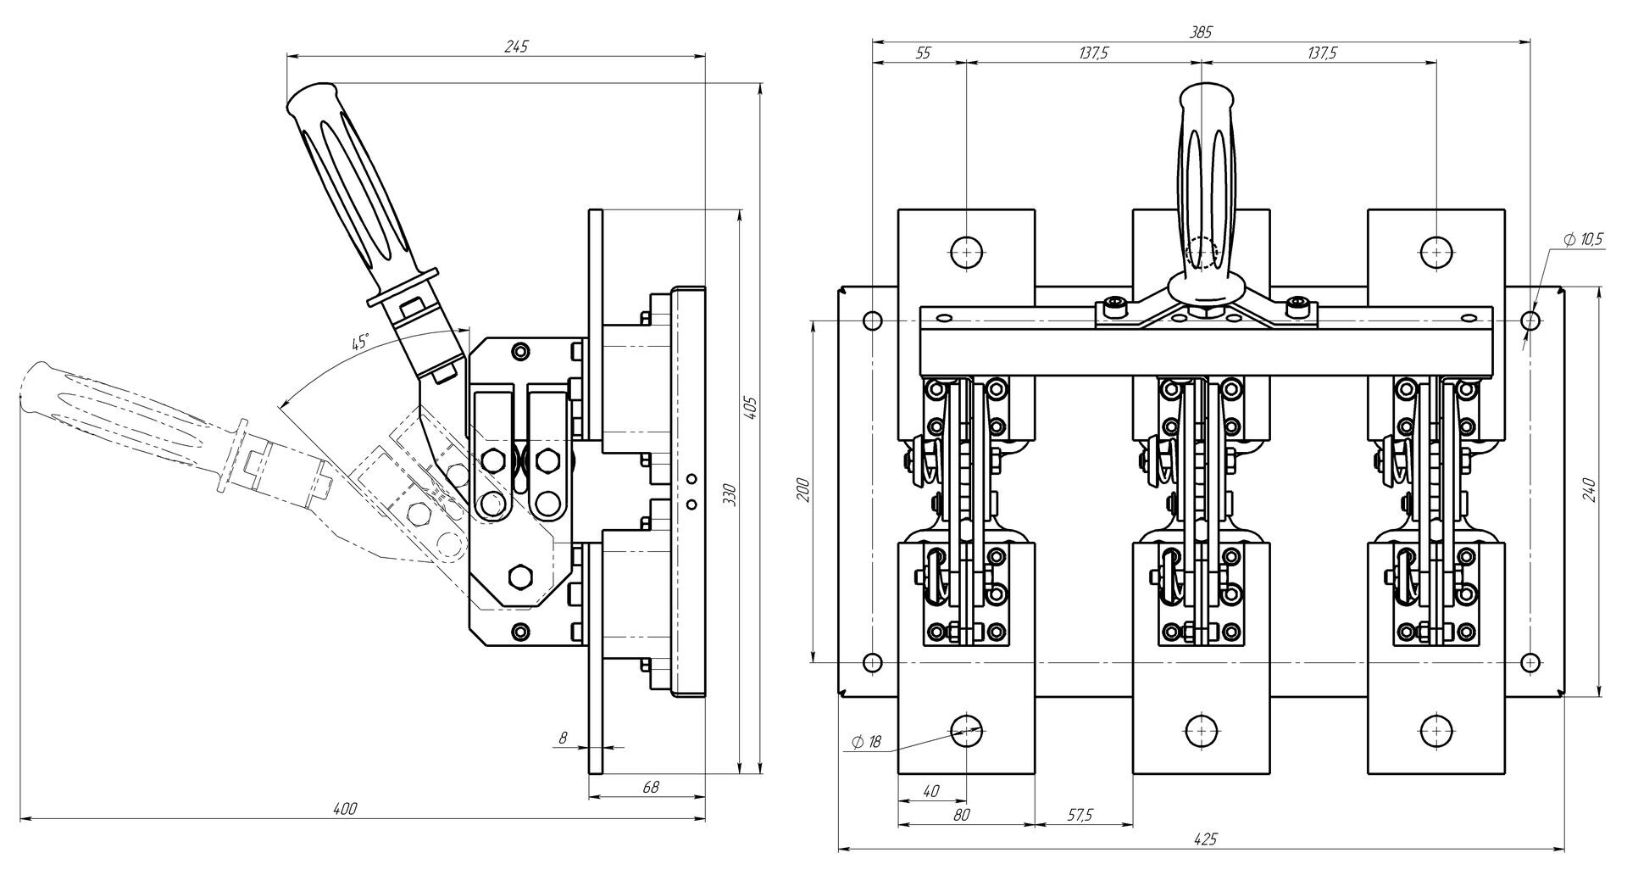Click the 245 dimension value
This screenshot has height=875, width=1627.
coord(516,47)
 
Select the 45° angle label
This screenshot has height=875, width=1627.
coord(360,343)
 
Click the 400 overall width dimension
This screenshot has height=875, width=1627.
coord(345,809)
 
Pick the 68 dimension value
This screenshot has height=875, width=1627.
coord(650,787)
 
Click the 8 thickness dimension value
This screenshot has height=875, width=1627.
coord(562,738)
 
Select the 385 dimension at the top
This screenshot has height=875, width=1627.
coord(1201,32)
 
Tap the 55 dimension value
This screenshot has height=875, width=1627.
coord(923,53)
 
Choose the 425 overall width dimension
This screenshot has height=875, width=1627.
coord(1204,839)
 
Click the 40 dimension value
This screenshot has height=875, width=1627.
coord(930,791)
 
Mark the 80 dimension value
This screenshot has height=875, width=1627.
coord(961,815)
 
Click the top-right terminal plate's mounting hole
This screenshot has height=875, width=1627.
coord(1435,252)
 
